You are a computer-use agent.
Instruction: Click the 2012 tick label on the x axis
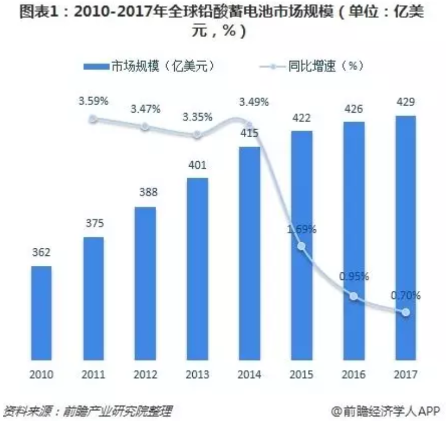(x=145, y=375)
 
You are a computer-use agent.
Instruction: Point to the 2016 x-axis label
(x=353, y=375)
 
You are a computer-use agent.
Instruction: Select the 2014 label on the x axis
(x=249, y=375)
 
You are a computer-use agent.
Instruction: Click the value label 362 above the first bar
(x=41, y=254)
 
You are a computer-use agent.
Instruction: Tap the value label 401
(x=197, y=166)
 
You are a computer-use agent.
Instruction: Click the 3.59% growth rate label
(x=93, y=101)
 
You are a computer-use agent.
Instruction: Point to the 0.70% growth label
(x=405, y=296)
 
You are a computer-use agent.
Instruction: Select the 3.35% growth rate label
(x=197, y=117)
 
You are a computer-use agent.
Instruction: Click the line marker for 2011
(x=93, y=119)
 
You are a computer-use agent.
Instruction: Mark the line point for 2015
(x=301, y=246)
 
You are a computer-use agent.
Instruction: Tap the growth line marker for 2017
(x=405, y=312)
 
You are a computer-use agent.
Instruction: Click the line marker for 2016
(x=353, y=296)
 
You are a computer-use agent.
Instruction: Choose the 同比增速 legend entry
(x=313, y=67)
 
